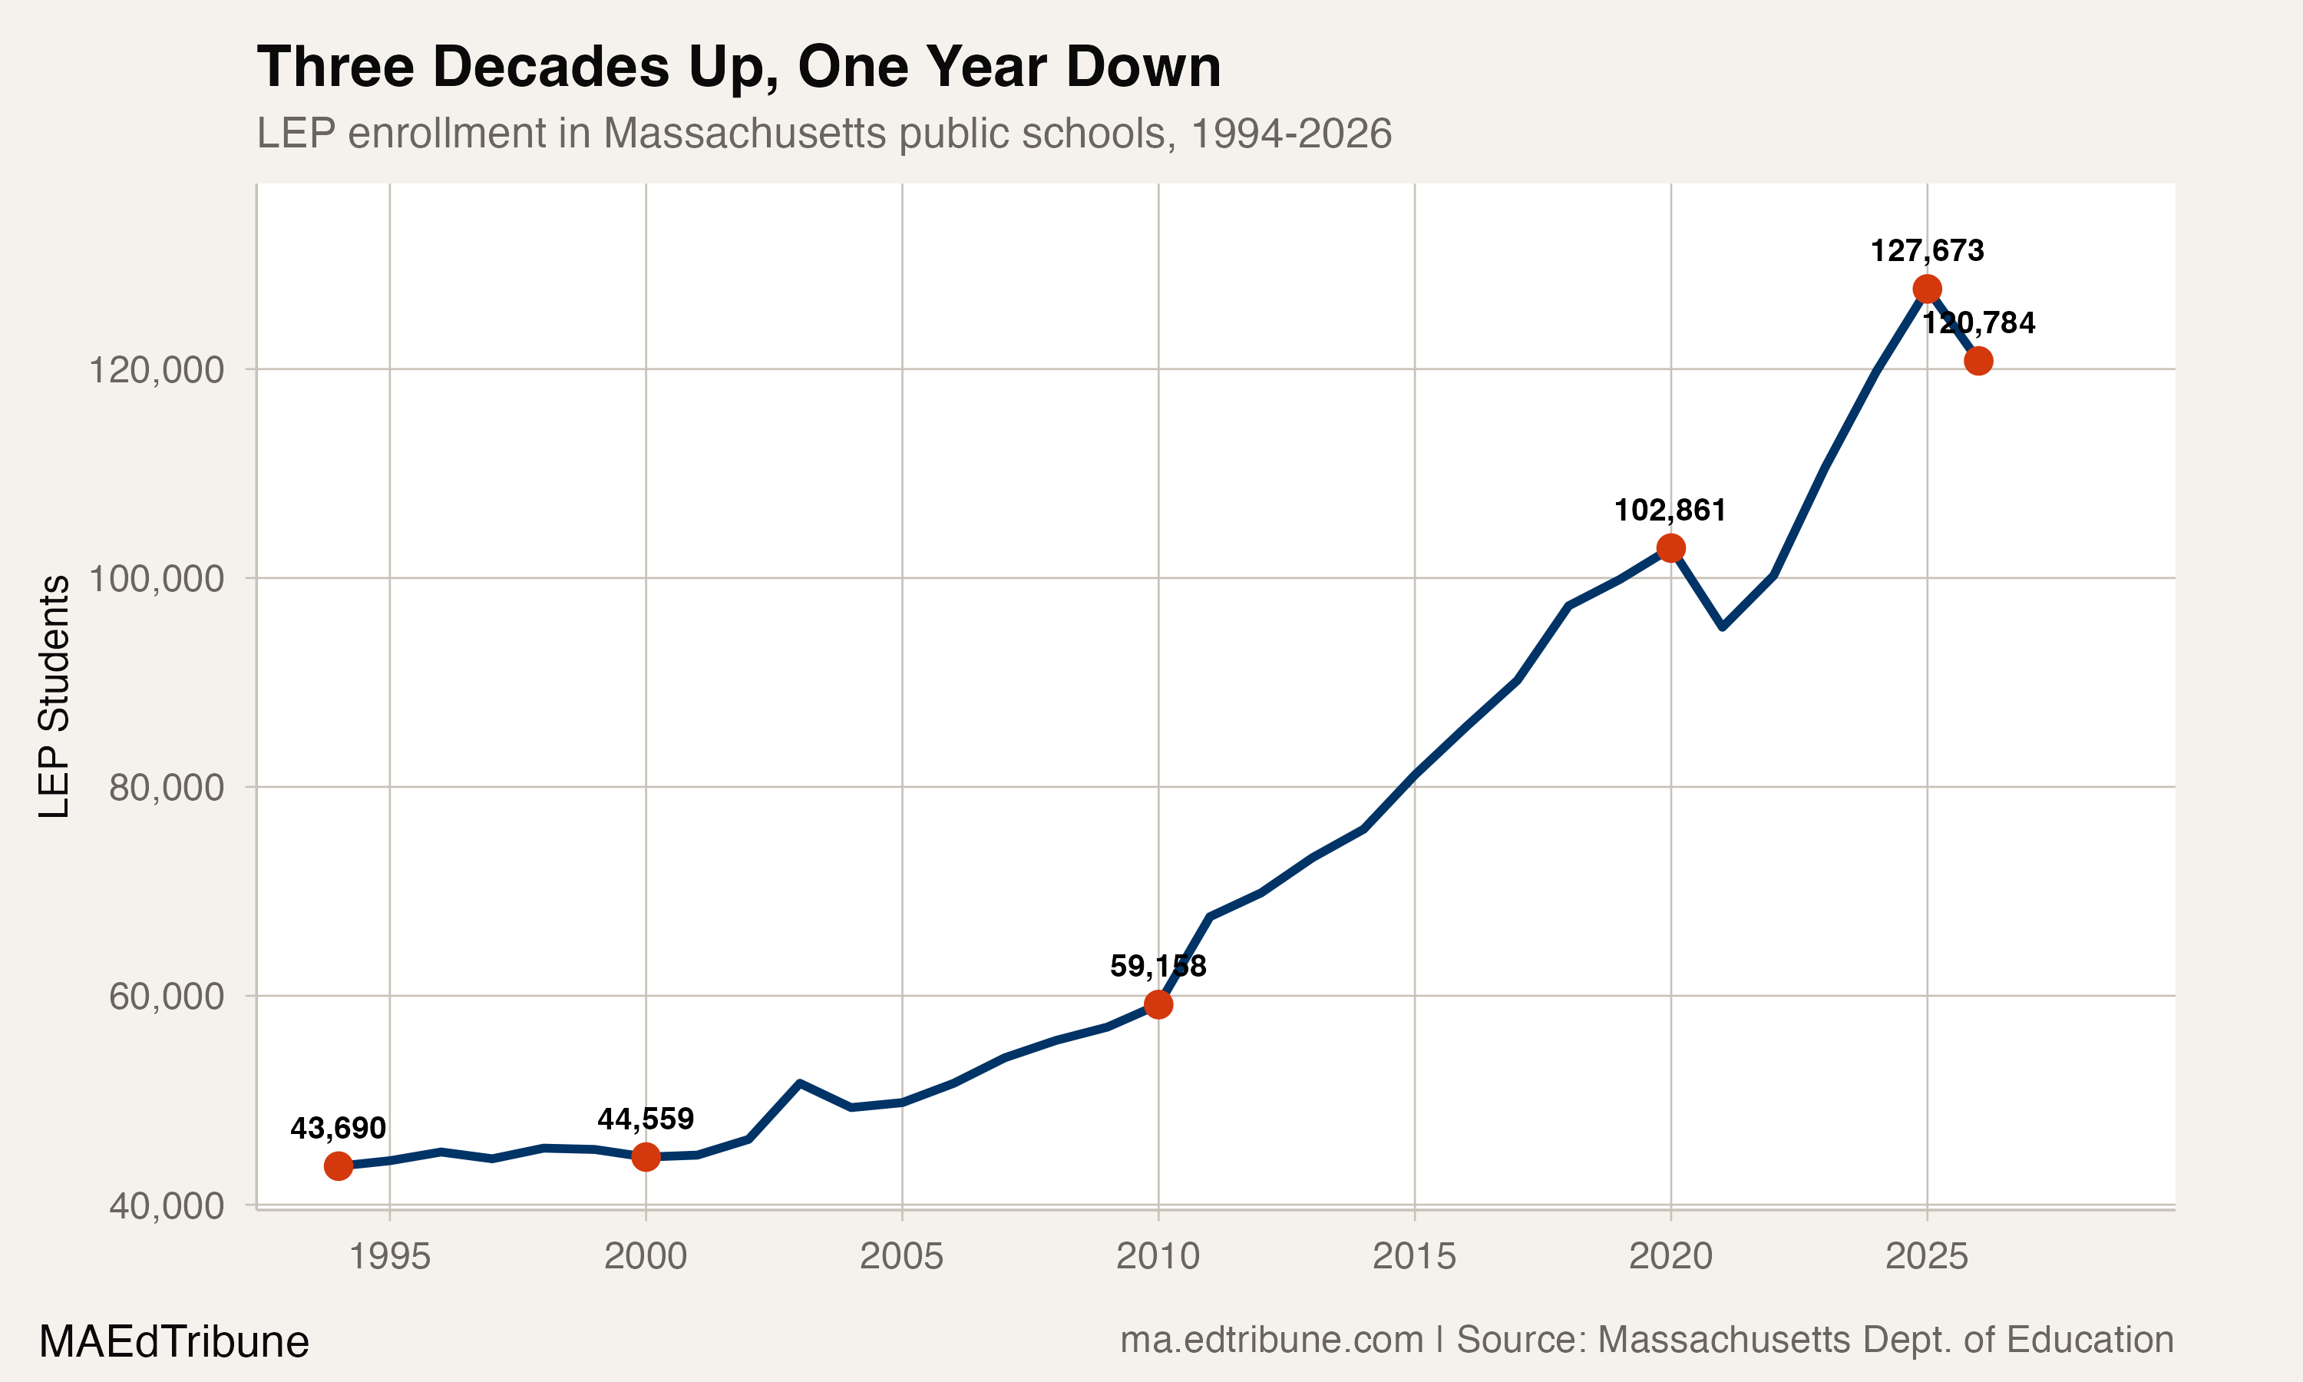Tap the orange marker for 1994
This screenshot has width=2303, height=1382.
pos(338,1166)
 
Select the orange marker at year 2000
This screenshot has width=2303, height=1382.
pos(645,1156)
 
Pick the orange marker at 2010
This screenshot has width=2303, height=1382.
pos(1158,1005)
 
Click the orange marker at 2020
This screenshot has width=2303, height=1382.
pos(1671,548)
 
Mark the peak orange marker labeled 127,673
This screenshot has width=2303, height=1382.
pos(1927,289)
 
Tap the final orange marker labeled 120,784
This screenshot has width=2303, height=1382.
pos(1978,360)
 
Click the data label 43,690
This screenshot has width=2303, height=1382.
pos(338,1129)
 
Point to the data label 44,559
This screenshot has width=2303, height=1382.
pos(645,1119)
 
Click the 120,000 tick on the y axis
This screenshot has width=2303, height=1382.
pos(156,370)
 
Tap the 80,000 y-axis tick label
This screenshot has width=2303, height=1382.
pos(166,788)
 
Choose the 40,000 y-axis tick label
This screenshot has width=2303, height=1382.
pos(166,1206)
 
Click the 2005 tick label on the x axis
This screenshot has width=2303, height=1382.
pos(901,1256)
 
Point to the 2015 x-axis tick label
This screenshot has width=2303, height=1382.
pos(1414,1256)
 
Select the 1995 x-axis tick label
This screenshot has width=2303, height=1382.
pos(389,1256)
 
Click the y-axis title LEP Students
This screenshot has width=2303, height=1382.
pos(54,696)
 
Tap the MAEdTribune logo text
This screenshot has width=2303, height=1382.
pos(174,1342)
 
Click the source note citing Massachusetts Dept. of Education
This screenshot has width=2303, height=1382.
pos(1647,1340)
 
